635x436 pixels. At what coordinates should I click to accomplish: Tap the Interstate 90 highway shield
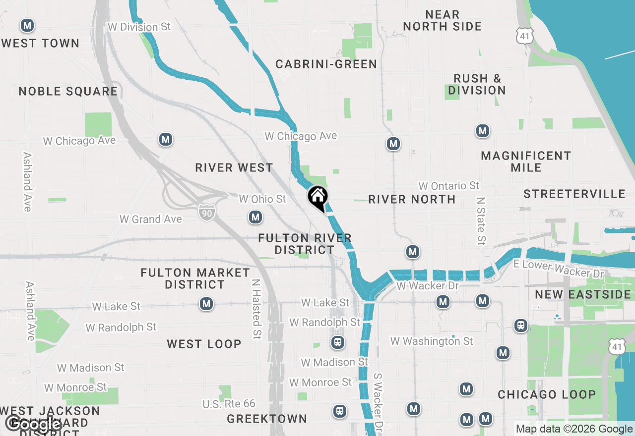206,212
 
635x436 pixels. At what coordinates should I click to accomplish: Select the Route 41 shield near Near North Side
524,35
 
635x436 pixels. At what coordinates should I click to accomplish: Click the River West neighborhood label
234,167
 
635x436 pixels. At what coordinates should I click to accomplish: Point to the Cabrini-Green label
326,64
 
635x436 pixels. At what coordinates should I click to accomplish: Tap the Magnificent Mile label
526,162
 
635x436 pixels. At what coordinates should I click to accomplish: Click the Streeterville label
574,194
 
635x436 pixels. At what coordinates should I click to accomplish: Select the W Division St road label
139,27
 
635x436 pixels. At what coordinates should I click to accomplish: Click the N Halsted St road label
256,309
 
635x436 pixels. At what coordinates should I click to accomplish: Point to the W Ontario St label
449,186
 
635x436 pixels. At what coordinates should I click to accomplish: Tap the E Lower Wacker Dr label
559,269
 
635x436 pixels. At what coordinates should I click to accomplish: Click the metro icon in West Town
27,25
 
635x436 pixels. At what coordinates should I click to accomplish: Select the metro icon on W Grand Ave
255,217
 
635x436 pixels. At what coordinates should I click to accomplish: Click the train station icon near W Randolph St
337,342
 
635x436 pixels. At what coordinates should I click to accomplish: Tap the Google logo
34,424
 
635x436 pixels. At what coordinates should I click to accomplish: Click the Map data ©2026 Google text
574,429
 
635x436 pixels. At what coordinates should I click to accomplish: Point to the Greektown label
267,419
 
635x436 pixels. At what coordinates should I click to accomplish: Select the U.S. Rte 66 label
229,404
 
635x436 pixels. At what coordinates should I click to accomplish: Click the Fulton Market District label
195,278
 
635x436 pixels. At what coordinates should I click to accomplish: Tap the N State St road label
480,221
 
